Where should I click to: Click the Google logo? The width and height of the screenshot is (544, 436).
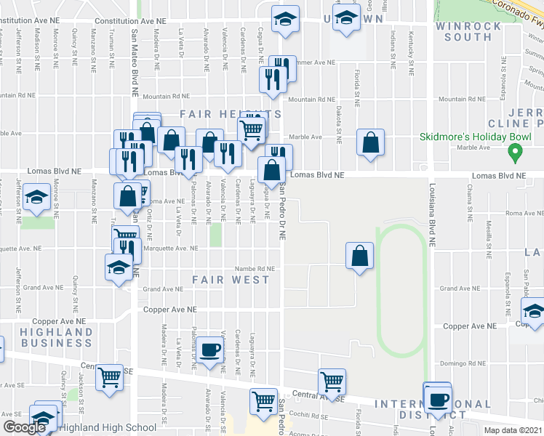(x=24, y=428)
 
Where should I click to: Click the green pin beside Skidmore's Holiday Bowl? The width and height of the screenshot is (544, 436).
(x=516, y=153)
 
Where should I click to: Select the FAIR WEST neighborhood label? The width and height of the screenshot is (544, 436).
(x=231, y=279)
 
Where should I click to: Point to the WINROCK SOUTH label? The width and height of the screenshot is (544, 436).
(x=468, y=31)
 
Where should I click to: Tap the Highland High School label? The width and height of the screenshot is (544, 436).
(x=108, y=428)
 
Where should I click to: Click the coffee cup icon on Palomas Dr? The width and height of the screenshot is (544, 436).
(x=210, y=350)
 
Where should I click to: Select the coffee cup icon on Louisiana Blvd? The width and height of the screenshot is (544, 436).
(x=439, y=399)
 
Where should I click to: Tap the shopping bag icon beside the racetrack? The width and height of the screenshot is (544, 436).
(x=360, y=255)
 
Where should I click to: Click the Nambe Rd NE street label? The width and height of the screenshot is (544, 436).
(x=254, y=268)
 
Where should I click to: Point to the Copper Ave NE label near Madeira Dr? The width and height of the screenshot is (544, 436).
(x=170, y=310)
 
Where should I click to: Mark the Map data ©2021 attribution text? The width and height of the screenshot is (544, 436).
(x=513, y=430)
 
